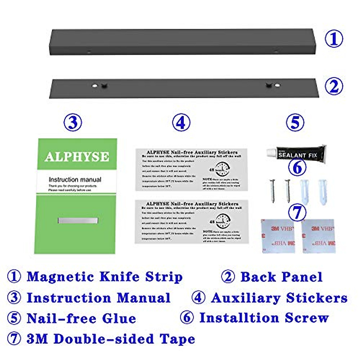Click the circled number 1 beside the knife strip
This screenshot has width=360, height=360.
tap(334, 39)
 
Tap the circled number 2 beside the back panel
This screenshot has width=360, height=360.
tap(334, 86)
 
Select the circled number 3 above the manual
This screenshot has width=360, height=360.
tap(73, 122)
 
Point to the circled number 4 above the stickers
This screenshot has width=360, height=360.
tap(181, 122)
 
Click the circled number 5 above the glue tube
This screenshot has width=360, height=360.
tap(295, 122)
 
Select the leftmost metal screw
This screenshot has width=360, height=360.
tap(273, 190)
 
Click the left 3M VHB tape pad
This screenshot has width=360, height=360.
tap(278, 236)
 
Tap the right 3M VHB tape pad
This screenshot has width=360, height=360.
tap(318, 236)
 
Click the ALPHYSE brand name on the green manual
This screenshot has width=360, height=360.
tap(77, 157)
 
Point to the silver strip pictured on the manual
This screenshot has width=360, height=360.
tap(78, 221)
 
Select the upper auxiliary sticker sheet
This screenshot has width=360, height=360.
tap(192, 170)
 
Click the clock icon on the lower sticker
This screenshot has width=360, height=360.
tap(223, 221)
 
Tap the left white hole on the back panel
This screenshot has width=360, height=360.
tap(94, 85)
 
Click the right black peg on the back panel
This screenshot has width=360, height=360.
tap(268, 85)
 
